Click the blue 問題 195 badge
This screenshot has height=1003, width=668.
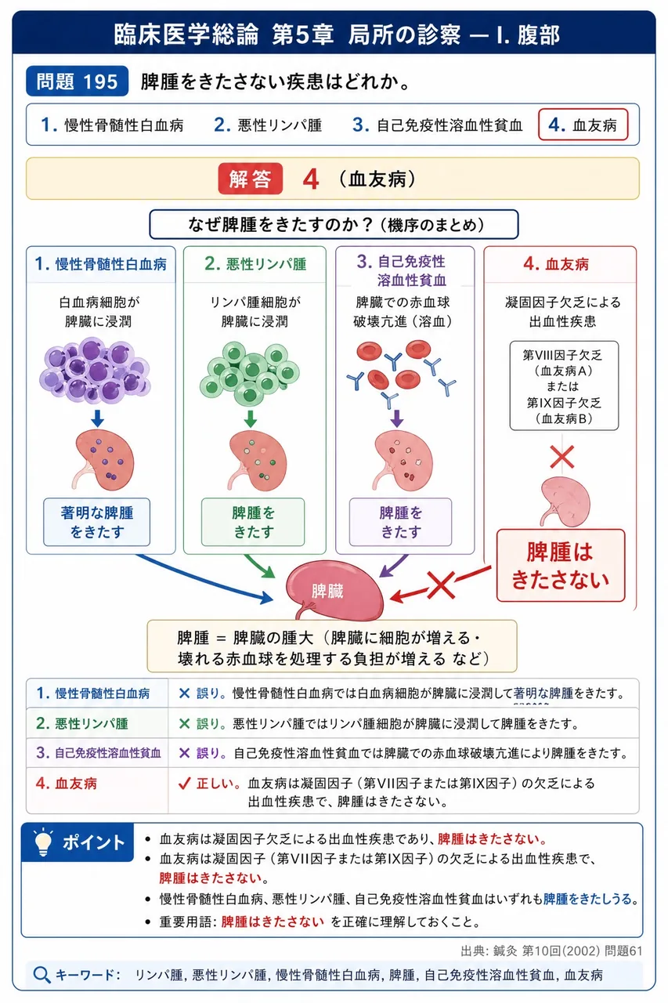pos(77,81)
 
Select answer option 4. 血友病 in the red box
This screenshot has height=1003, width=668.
pos(583,125)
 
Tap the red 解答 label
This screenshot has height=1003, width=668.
pos(250,179)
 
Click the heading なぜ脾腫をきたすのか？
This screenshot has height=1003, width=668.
pos(334,224)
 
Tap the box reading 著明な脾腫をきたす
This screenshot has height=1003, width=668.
pos(96,522)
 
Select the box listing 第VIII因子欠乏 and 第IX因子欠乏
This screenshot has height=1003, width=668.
pos(564,386)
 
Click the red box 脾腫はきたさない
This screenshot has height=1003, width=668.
pos(561,565)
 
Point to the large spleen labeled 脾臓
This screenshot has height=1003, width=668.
pos(334,590)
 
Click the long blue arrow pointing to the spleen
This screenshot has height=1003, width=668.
pos(204,579)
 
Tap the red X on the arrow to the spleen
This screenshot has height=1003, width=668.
pos(441,585)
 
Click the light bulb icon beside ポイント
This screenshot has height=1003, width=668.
pos(43,842)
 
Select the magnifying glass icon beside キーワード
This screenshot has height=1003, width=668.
pos(42,975)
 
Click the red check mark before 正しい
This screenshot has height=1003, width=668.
pos(184,783)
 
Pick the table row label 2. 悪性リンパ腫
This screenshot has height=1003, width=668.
pos(82,723)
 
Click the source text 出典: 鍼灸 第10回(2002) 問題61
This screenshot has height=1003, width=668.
pos(551,950)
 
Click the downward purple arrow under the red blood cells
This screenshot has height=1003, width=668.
pos(397,418)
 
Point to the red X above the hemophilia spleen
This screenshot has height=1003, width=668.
pos(562,457)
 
